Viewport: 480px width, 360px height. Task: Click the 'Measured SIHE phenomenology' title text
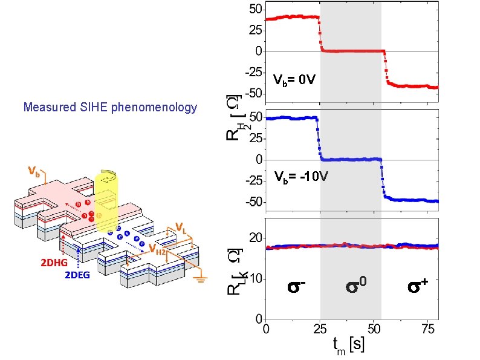pyautogui.click(x=110, y=108)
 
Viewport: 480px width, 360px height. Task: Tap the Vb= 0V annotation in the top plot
pyautogui.click(x=293, y=79)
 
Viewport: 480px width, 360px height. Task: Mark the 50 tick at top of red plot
pyautogui.click(x=256, y=9)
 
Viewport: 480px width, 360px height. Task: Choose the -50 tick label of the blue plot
pyautogui.click(x=253, y=201)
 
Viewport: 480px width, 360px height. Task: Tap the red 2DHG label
pyautogui.click(x=54, y=263)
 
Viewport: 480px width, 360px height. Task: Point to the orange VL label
pyautogui.click(x=181, y=227)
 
